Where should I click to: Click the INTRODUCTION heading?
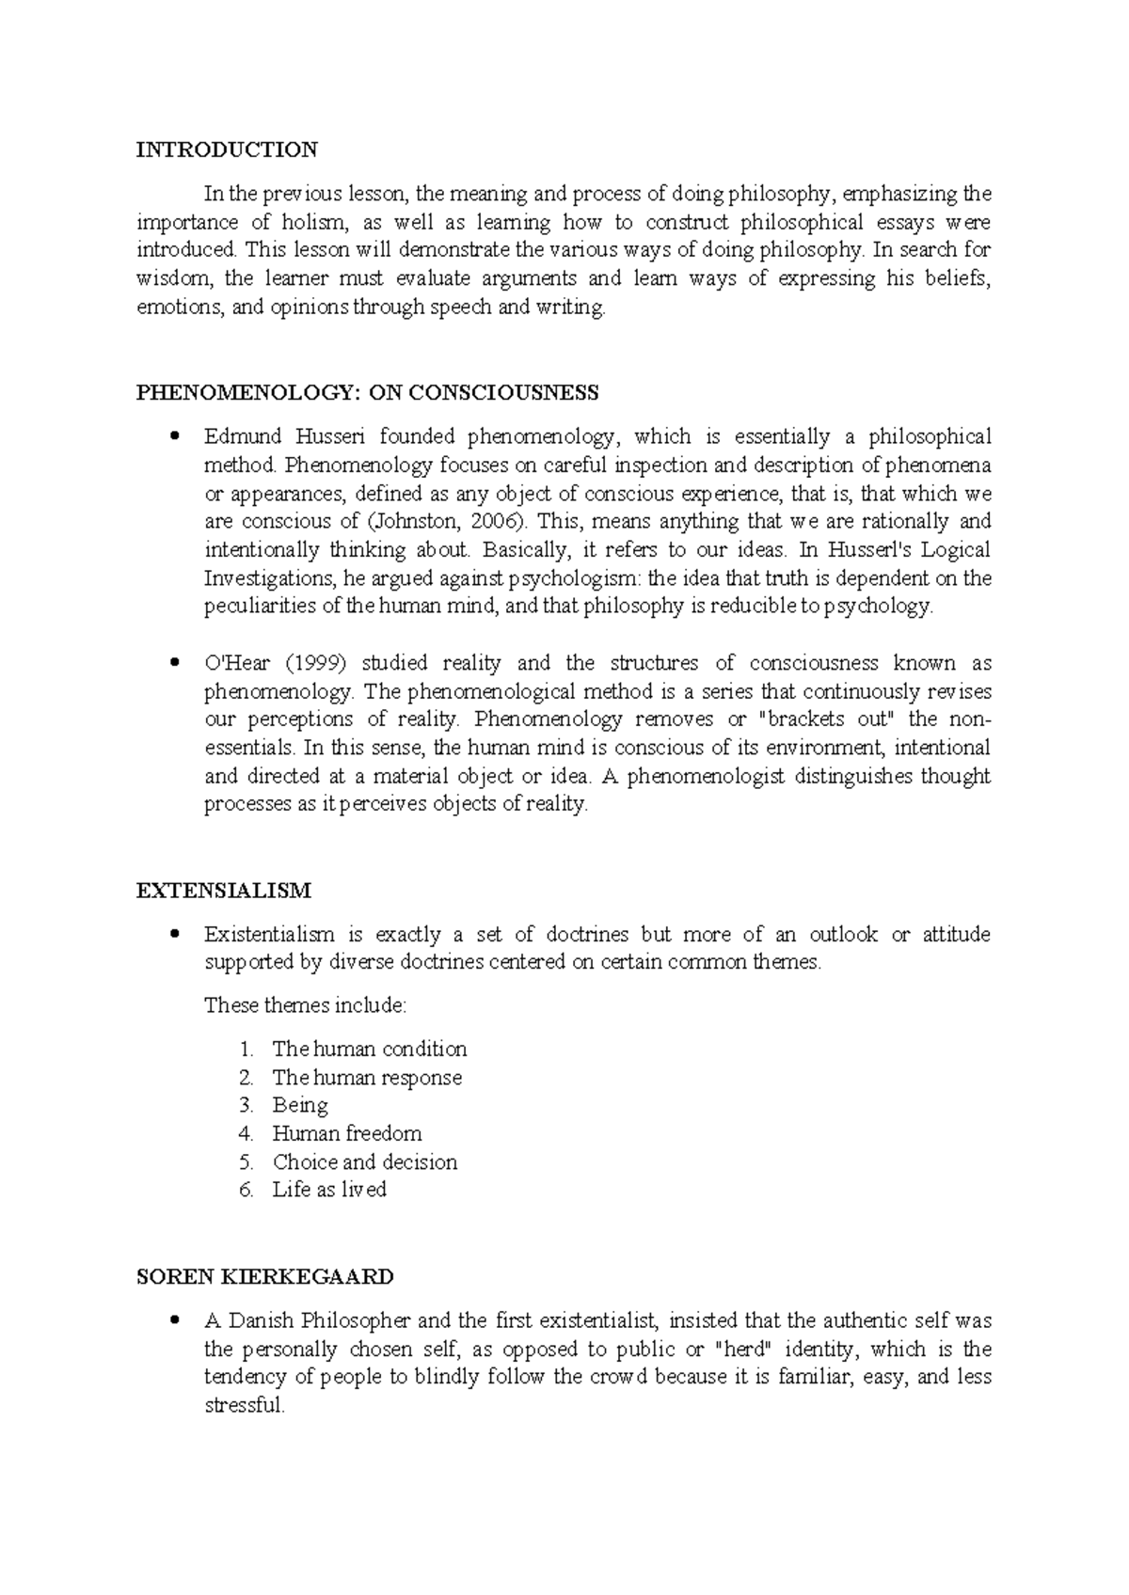(x=227, y=150)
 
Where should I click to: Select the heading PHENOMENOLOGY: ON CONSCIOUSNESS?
(x=367, y=393)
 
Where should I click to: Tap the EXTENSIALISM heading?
(x=224, y=891)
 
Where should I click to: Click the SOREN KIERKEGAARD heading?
(x=264, y=1277)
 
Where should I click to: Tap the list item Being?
(x=300, y=1106)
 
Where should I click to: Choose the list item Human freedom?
(x=347, y=1134)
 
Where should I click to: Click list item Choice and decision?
(x=365, y=1162)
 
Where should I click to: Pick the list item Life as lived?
(x=329, y=1191)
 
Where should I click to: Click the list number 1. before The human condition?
(x=246, y=1050)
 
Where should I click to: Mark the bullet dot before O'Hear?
(x=173, y=664)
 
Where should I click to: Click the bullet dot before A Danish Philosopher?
(x=173, y=1321)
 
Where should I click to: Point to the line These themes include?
(x=305, y=1005)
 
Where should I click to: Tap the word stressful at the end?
(x=244, y=1407)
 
